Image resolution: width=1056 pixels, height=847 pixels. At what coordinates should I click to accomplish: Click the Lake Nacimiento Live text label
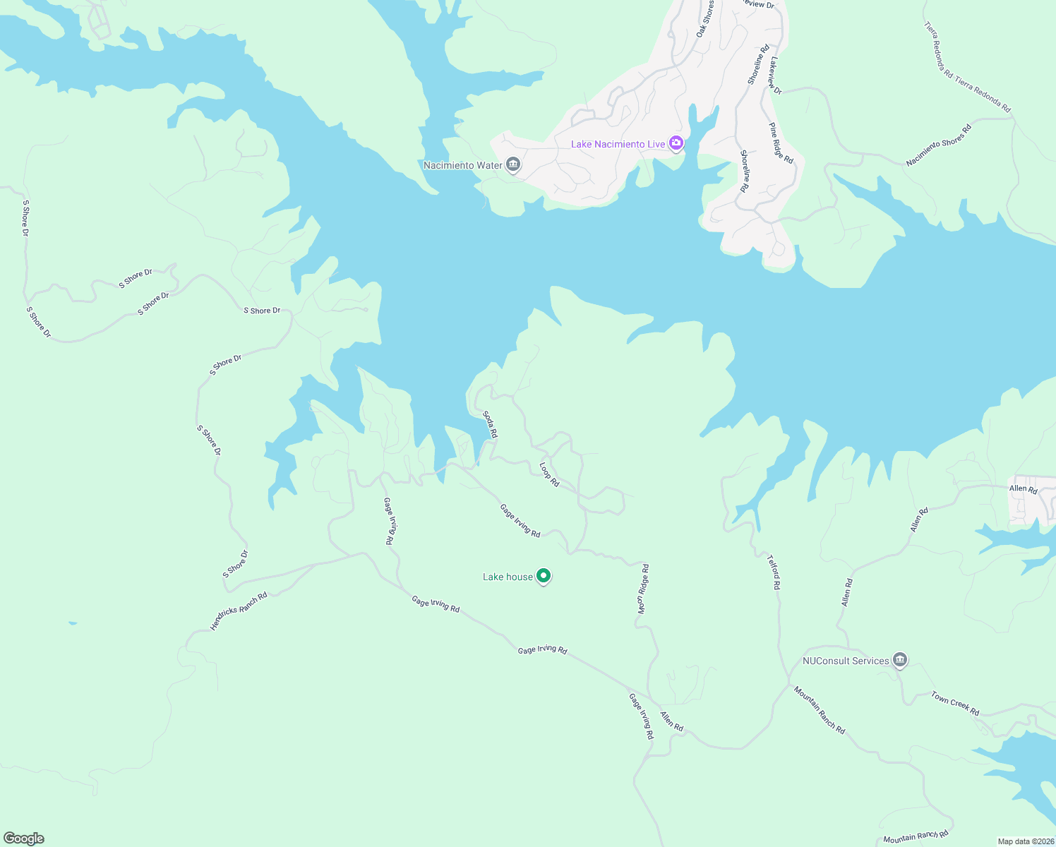pyautogui.click(x=618, y=144)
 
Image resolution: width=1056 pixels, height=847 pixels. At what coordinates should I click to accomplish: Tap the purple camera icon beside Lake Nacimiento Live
pyautogui.click(x=676, y=144)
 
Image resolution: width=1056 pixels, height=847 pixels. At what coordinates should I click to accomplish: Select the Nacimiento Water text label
pyautogui.click(x=462, y=165)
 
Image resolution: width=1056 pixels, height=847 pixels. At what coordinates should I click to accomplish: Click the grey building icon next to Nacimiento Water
pyautogui.click(x=514, y=165)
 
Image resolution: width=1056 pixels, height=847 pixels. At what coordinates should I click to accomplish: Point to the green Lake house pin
pyautogui.click(x=544, y=577)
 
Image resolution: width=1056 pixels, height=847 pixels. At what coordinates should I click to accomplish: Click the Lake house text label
pyautogui.click(x=508, y=577)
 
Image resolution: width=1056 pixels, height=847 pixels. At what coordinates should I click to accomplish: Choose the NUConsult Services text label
pyautogui.click(x=846, y=661)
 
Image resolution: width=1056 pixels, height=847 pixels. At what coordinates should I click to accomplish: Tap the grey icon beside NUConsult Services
pyautogui.click(x=899, y=661)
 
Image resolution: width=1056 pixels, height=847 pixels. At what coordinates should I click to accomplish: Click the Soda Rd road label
pyautogui.click(x=490, y=425)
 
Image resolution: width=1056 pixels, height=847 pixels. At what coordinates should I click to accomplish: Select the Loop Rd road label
pyautogui.click(x=549, y=474)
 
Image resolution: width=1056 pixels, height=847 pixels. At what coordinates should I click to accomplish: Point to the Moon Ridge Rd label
pyautogui.click(x=643, y=589)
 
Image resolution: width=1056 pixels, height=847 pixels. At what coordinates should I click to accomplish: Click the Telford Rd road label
pyautogui.click(x=774, y=572)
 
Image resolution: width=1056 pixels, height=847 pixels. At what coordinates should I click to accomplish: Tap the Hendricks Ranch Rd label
pyautogui.click(x=239, y=611)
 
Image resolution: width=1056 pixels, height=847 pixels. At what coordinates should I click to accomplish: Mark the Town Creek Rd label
pyautogui.click(x=954, y=704)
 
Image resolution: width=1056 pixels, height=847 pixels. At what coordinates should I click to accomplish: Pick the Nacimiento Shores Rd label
pyautogui.click(x=938, y=145)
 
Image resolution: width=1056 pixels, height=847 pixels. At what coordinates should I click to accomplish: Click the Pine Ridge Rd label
pyautogui.click(x=781, y=143)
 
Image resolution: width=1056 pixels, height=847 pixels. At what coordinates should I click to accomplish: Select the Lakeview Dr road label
pyautogui.click(x=776, y=76)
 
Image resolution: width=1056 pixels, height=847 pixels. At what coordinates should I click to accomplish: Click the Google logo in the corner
pyautogui.click(x=24, y=839)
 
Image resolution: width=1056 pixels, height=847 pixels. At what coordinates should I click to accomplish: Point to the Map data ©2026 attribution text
pyautogui.click(x=1026, y=841)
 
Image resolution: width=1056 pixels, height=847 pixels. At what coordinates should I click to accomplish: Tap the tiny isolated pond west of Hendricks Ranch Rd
pyautogui.click(x=73, y=623)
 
